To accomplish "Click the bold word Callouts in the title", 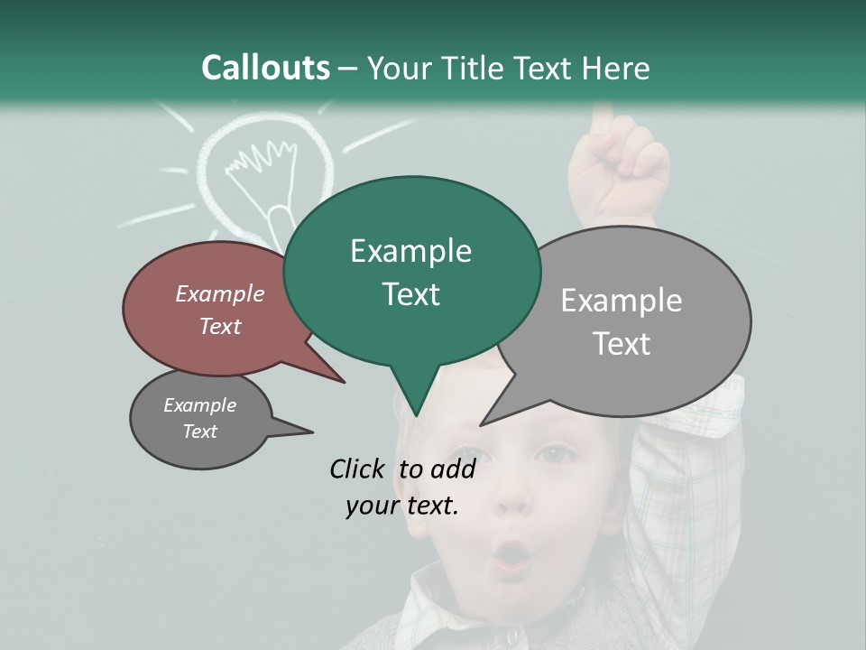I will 265,68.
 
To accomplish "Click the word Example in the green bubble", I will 410,251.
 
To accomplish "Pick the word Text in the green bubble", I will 410,294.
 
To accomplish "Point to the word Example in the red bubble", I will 220,293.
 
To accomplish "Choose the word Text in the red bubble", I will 220,326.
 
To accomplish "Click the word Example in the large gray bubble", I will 622,301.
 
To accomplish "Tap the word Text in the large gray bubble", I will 622,344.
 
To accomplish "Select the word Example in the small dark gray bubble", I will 199,405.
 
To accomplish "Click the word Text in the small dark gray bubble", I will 199,432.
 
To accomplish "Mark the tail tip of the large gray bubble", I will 482,424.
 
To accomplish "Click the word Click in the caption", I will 358,469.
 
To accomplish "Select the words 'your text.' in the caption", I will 401,506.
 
